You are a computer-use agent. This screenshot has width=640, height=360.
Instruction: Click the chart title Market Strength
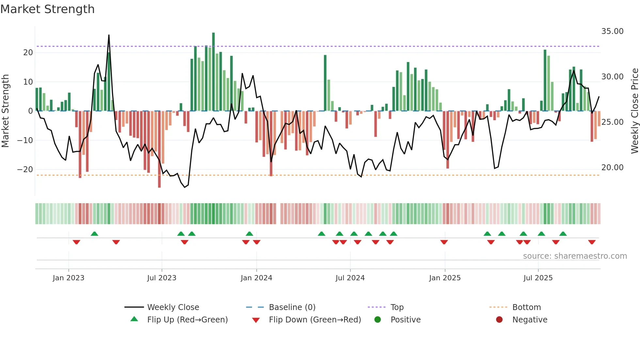click(x=47, y=9)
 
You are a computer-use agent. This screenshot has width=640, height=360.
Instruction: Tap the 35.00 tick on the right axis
click(x=612, y=31)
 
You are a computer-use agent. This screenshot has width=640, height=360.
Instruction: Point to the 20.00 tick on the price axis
click(x=612, y=168)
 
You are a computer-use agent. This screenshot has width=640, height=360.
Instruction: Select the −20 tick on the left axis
click(x=25, y=170)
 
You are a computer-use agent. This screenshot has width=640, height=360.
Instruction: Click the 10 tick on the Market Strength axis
click(x=28, y=82)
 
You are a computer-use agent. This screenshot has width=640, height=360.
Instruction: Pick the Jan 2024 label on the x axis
click(x=256, y=278)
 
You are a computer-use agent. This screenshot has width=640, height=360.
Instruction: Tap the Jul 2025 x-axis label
click(x=538, y=278)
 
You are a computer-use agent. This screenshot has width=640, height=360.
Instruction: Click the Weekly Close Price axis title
click(x=634, y=111)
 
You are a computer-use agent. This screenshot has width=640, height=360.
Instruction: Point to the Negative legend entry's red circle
click(x=499, y=319)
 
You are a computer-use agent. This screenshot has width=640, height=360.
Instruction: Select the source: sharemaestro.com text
click(x=575, y=256)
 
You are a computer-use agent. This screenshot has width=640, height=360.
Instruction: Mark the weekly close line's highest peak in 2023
click(x=109, y=35)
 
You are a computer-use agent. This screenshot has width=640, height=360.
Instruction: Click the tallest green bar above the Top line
click(x=213, y=33)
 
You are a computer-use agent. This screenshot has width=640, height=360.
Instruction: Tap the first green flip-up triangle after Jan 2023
click(x=94, y=234)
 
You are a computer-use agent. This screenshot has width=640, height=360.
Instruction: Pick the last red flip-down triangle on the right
click(x=592, y=242)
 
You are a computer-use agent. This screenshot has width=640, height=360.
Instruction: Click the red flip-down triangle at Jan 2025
click(x=444, y=242)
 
